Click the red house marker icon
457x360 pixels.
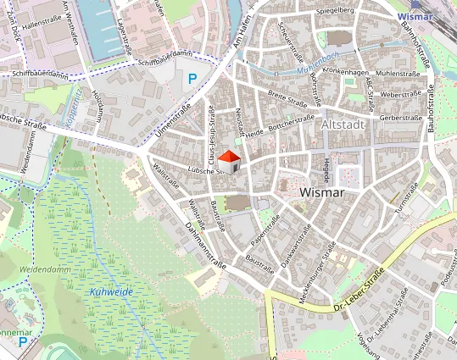coord(228,161)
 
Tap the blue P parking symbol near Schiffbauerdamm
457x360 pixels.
coord(192,79)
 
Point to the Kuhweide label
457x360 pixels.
coord(110,291)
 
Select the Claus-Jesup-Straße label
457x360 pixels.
coord(209,136)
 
